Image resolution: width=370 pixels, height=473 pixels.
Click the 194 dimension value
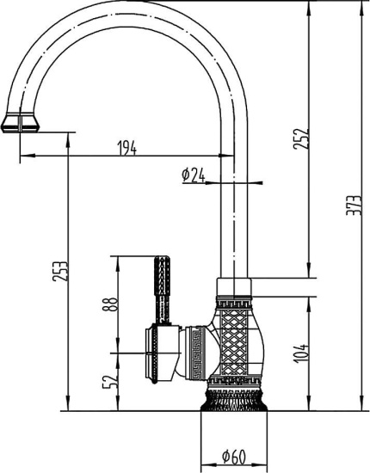[126, 150]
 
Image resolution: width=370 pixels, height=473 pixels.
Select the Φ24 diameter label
[193, 175]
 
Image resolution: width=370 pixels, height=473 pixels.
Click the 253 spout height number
[57, 273]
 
